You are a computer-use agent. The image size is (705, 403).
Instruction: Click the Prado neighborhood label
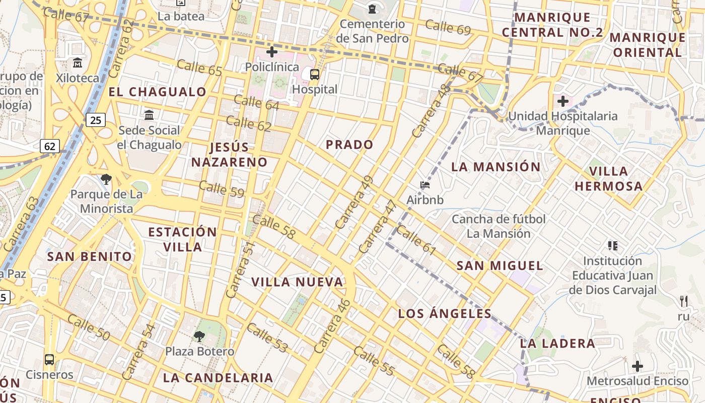349,145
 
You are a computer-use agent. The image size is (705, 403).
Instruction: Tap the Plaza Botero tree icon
199,336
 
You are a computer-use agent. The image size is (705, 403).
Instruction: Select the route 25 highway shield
95,120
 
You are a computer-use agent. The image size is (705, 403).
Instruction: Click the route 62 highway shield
50,147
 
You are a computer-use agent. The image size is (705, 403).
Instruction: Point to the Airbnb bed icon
425,185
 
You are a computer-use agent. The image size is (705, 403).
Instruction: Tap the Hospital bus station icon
315,75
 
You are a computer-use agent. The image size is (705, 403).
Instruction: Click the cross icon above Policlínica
272,52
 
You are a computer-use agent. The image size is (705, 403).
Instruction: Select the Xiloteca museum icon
78,63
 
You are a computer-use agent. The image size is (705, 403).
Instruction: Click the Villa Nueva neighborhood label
297,282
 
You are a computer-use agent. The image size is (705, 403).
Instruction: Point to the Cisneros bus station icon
49,360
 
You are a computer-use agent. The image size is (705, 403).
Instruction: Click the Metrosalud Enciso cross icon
638,366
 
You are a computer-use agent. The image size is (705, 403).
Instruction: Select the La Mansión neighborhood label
496,167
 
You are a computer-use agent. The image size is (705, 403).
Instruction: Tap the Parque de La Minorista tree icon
106,179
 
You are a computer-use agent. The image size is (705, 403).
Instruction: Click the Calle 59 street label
222,189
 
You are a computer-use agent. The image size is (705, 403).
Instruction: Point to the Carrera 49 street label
355,202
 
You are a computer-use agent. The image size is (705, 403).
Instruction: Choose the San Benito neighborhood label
90,256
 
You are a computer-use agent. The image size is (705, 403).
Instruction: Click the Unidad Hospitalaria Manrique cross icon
563,101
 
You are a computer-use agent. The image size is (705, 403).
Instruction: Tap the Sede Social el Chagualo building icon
149,115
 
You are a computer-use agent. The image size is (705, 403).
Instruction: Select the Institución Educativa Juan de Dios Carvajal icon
613,246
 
